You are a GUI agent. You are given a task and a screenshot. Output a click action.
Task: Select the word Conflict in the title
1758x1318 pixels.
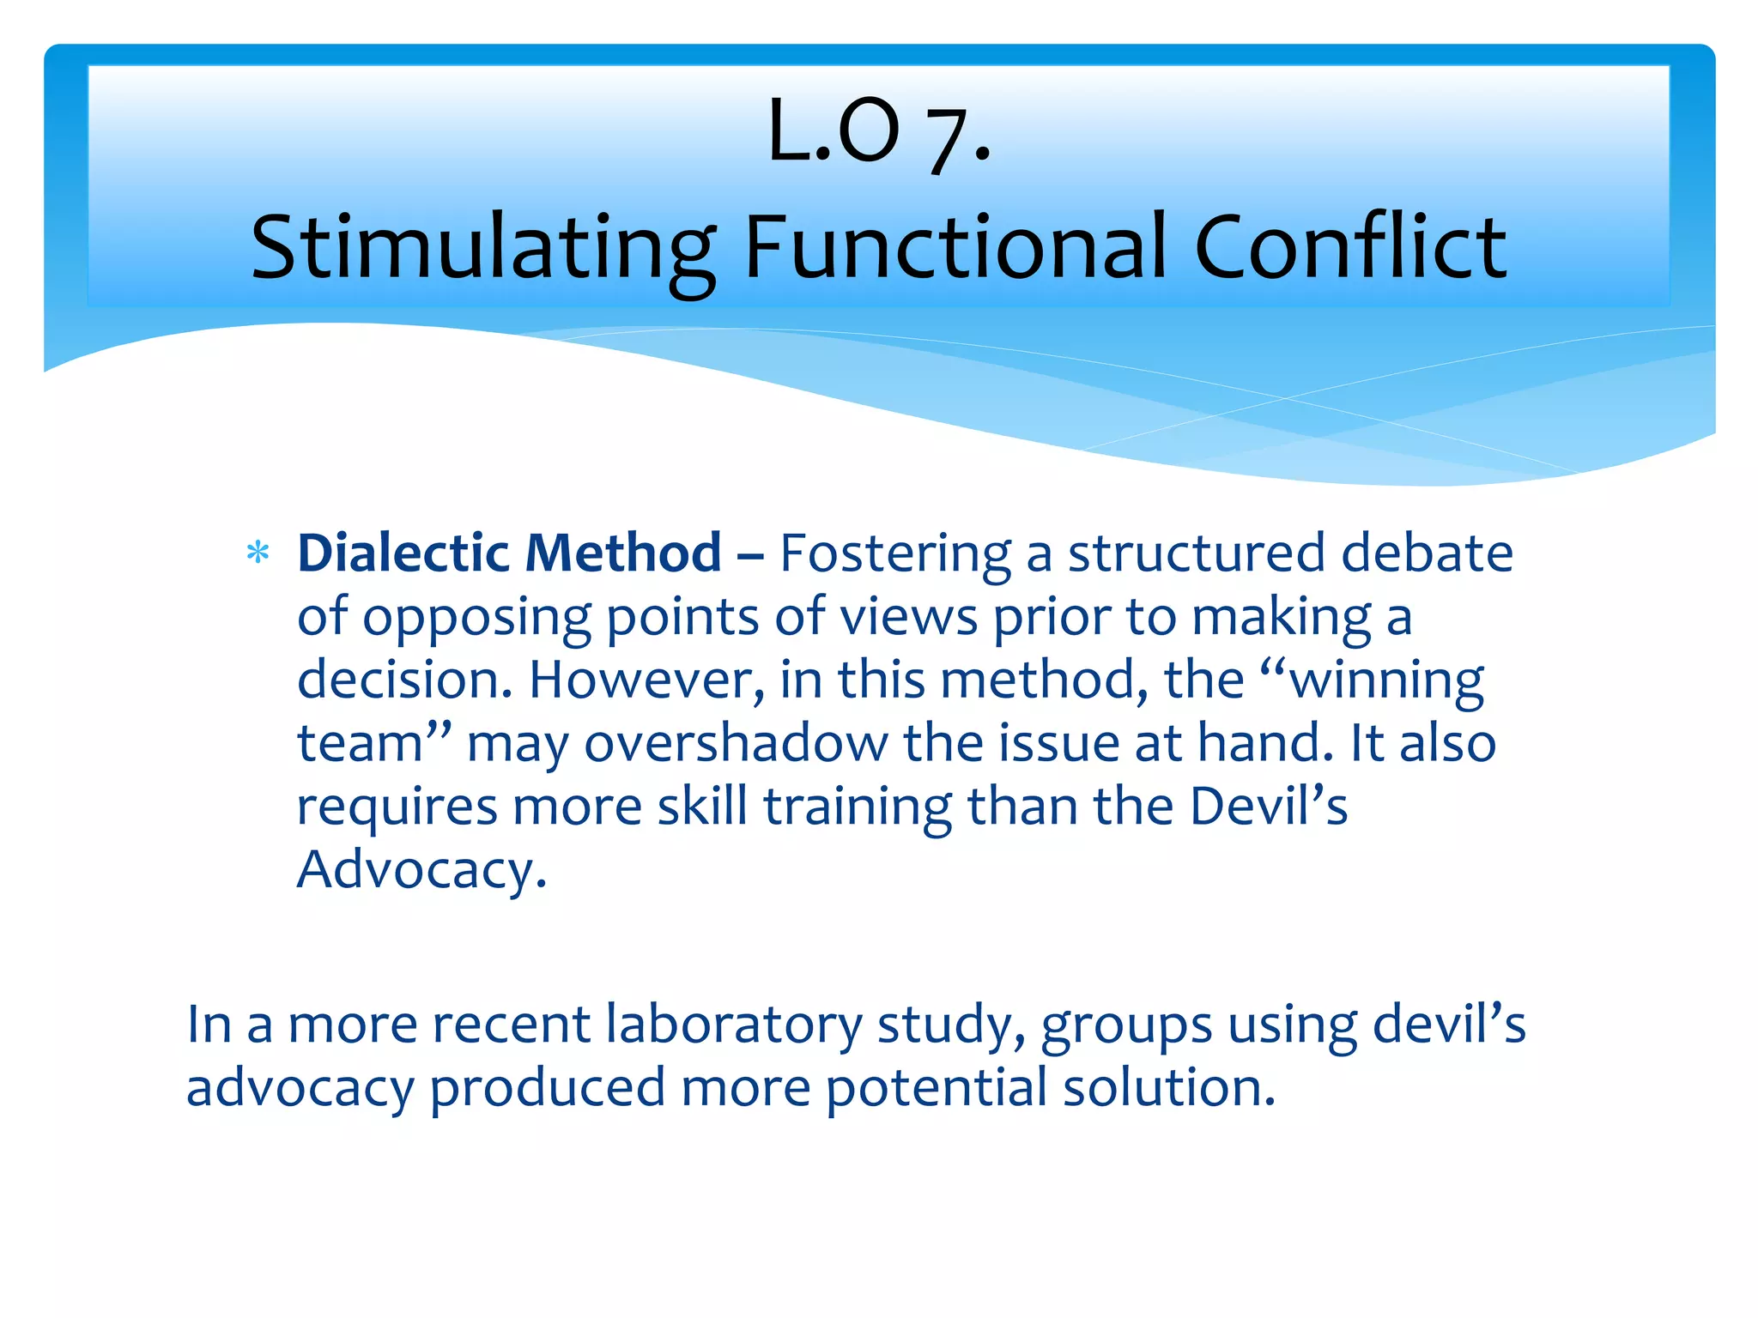coord(1350,247)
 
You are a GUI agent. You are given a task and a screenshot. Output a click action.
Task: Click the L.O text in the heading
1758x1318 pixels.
coord(834,131)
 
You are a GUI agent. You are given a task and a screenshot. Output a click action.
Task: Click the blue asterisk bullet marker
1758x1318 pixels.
coord(258,553)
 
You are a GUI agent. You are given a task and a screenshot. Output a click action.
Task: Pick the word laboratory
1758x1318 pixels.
coord(734,1025)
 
